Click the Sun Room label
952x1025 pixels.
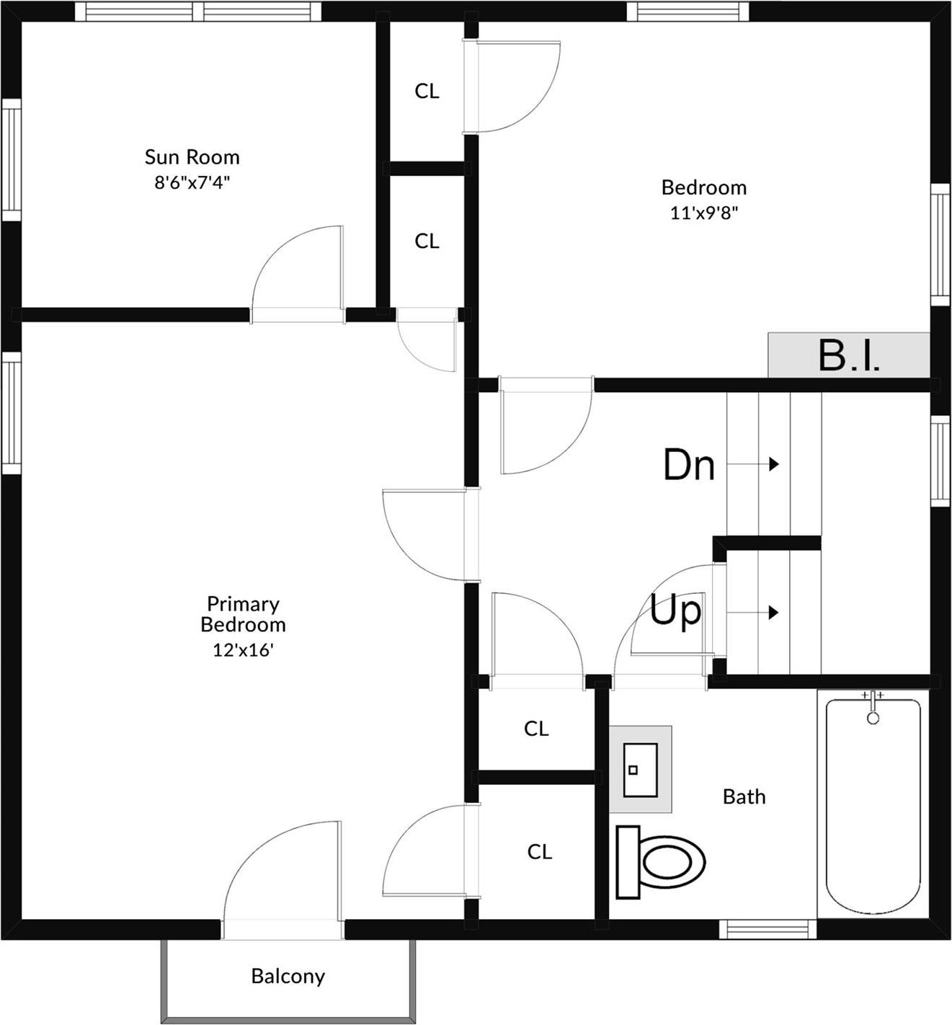(x=192, y=157)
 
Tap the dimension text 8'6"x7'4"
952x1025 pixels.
(x=192, y=182)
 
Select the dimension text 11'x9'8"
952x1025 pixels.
(x=703, y=213)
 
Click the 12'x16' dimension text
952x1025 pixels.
(x=243, y=649)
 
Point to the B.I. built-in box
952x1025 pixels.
(x=849, y=355)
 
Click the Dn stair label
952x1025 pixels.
(x=689, y=465)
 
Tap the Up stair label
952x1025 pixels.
(x=675, y=611)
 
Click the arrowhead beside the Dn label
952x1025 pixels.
(x=774, y=464)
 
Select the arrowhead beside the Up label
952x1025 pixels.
(x=774, y=613)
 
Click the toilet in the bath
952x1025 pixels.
(x=661, y=861)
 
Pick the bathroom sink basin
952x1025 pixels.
(x=640, y=770)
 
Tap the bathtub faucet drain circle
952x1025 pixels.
(x=873, y=718)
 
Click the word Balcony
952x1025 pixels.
(x=288, y=977)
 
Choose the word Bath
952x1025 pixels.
(x=744, y=797)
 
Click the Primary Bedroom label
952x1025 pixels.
(x=243, y=614)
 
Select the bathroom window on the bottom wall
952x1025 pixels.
(x=768, y=930)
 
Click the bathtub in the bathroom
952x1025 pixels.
(x=873, y=806)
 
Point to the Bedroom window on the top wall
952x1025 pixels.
(x=688, y=12)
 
